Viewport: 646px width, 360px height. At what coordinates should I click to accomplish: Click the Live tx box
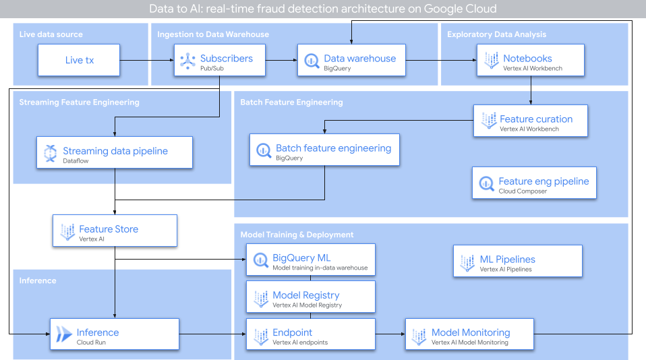pyautogui.click(x=79, y=60)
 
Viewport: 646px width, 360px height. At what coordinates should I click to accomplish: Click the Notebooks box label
pyautogui.click(x=527, y=59)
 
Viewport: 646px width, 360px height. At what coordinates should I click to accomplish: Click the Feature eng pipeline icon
pyautogui.click(x=486, y=183)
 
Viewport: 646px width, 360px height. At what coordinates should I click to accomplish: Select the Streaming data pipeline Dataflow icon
pyautogui.click(x=49, y=153)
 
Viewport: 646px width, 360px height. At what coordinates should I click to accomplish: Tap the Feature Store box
pyautogui.click(x=115, y=231)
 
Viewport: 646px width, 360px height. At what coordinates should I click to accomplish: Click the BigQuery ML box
pyautogui.click(x=310, y=260)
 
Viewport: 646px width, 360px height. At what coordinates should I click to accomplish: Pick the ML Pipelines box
pyautogui.click(x=517, y=261)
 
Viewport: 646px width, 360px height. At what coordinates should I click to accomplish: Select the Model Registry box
pyautogui.click(x=310, y=297)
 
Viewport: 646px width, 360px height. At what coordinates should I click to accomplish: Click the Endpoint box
pyautogui.click(x=310, y=334)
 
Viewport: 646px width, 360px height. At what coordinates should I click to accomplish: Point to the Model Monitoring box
pyautogui.click(x=469, y=334)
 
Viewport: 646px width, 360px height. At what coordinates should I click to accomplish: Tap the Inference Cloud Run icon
pyautogui.click(x=63, y=334)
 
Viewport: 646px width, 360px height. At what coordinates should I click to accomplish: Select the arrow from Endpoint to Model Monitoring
pyautogui.click(x=390, y=334)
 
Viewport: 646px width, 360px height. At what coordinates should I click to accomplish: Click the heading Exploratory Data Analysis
pyautogui.click(x=496, y=34)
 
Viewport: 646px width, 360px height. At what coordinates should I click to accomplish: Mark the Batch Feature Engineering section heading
pyautogui.click(x=291, y=102)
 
